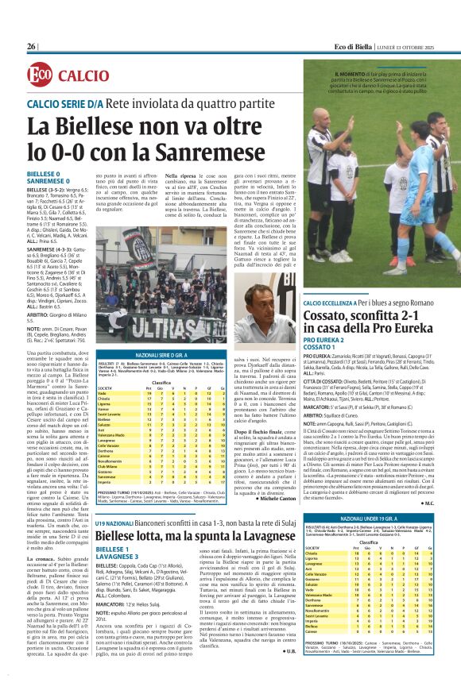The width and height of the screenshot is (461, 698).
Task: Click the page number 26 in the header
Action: pos(32,47)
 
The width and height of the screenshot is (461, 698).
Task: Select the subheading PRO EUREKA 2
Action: pos(329,340)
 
